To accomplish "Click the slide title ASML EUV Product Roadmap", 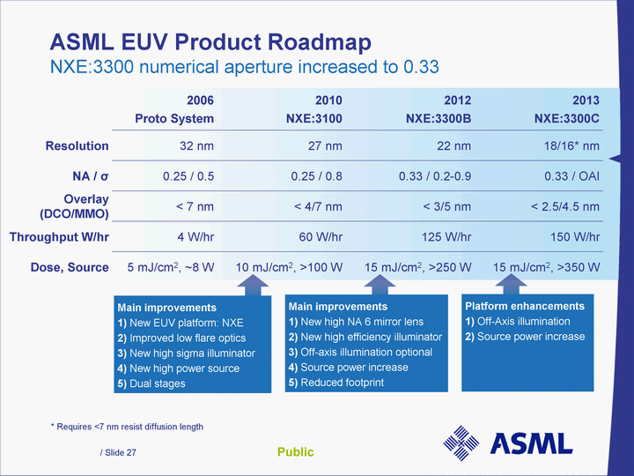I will (210, 41).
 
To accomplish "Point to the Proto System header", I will (173, 118).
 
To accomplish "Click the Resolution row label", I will (77, 145).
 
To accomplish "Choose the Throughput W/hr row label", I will (59, 236).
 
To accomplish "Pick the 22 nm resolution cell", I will (447, 146).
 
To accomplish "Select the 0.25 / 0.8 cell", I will (308, 176).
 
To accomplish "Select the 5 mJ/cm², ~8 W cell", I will (171, 266).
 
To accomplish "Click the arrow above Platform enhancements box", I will (511, 284).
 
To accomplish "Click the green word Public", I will (295, 452).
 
